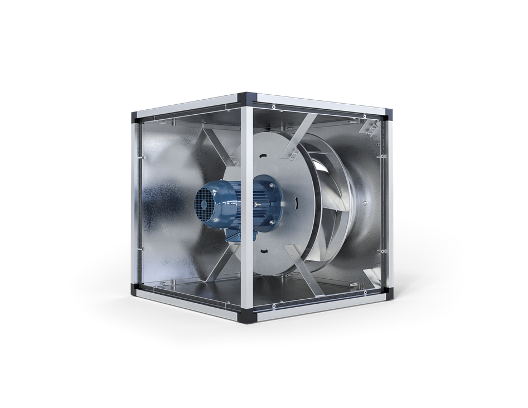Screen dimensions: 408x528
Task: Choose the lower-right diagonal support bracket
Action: tap(304, 274)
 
